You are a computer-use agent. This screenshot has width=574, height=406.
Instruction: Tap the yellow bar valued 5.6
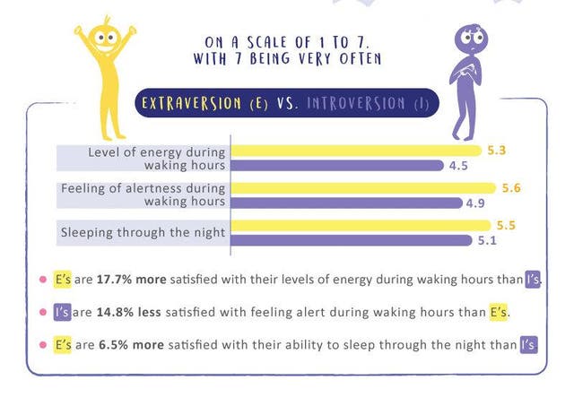coord(363,187)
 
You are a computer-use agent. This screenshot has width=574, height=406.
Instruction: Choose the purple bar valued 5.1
coord(351,239)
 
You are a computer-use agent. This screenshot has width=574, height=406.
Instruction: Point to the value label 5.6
coord(511,187)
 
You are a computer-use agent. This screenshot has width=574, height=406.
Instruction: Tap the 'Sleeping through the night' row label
coord(143,233)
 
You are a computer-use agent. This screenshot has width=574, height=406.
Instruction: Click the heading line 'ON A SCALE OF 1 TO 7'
coord(287,42)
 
